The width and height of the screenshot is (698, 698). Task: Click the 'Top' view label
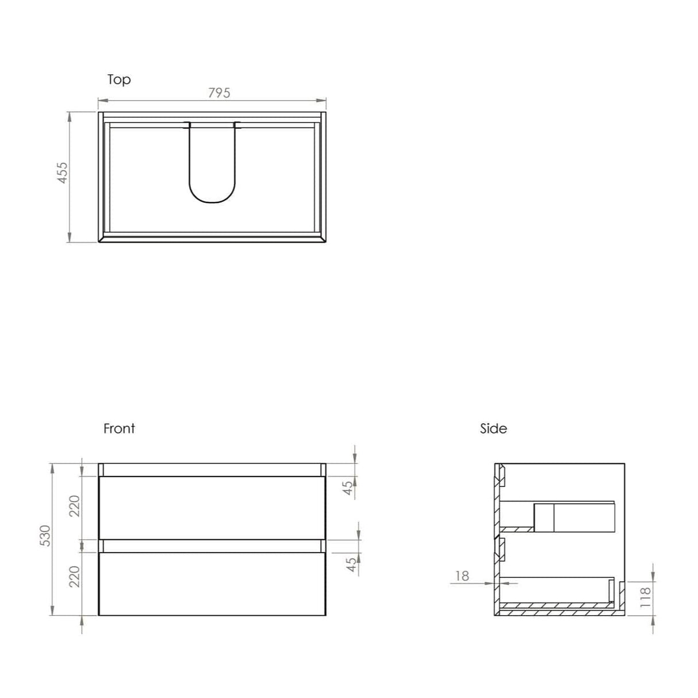pyautogui.click(x=119, y=79)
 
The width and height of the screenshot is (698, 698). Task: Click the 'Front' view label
pyautogui.click(x=119, y=428)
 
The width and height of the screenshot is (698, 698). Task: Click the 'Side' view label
pyautogui.click(x=493, y=428)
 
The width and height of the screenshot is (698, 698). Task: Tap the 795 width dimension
pyautogui.click(x=219, y=93)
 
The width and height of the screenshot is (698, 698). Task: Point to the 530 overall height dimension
pyautogui.click(x=45, y=536)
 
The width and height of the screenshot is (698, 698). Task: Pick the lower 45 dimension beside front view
pyautogui.click(x=352, y=565)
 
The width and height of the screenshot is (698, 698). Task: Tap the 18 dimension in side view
pyautogui.click(x=462, y=576)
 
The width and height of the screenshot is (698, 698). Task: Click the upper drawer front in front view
pyautogui.click(x=212, y=507)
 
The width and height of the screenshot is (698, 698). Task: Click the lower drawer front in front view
pyautogui.click(x=212, y=584)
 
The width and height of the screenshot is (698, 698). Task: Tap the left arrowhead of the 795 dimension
pyautogui.click(x=102, y=102)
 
